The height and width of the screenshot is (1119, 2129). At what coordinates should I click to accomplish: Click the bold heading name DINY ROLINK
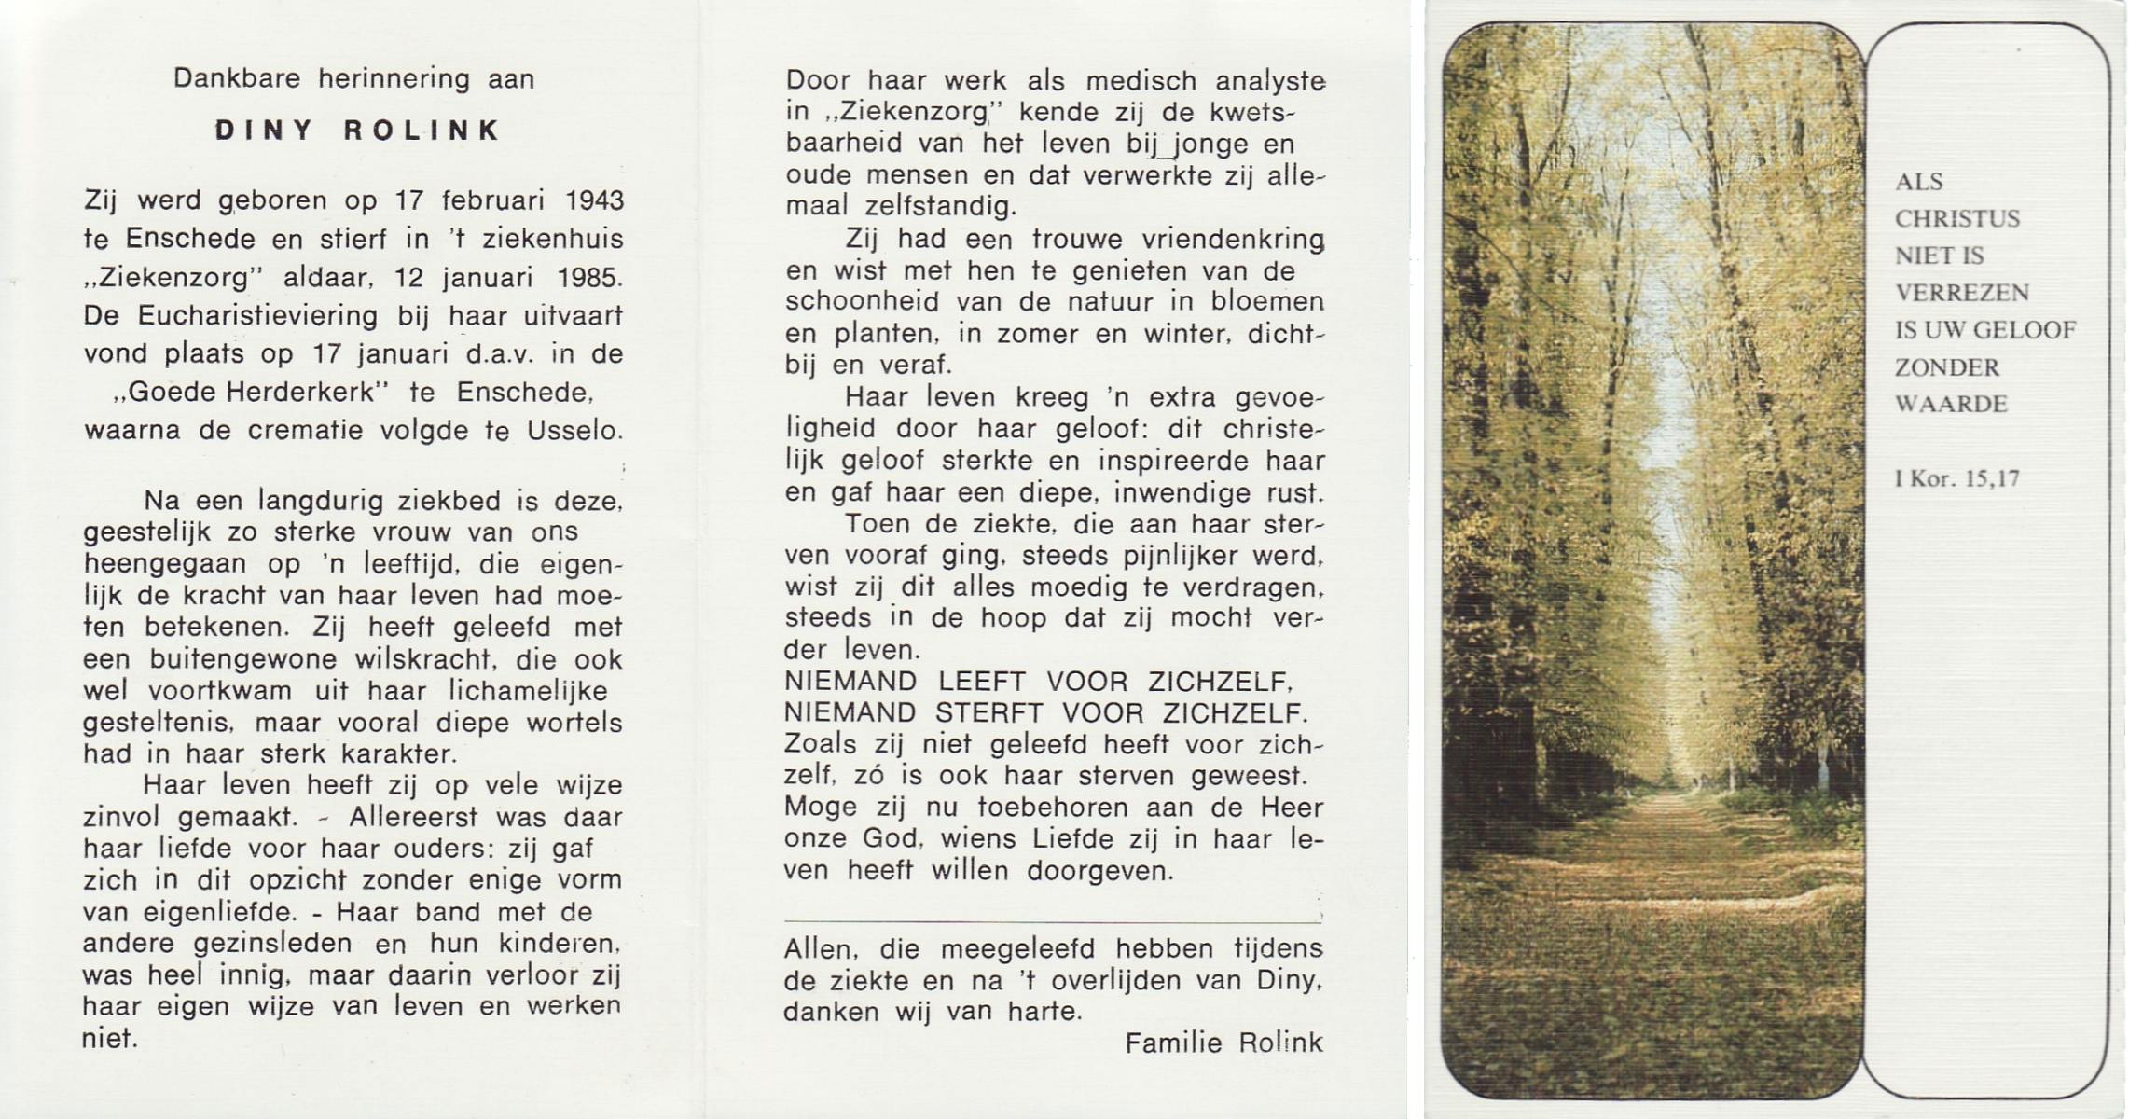pos(358,130)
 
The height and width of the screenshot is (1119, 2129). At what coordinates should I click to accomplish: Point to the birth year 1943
pos(594,200)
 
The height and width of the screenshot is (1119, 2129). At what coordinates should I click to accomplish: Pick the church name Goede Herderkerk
pos(250,393)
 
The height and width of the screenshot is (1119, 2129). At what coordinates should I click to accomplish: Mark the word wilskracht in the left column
pos(424,659)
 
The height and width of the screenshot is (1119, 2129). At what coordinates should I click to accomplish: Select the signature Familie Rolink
pos(1223,1043)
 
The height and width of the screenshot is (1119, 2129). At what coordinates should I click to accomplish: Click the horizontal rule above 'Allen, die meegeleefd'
pos(1052,922)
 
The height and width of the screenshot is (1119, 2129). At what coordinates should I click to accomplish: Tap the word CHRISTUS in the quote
pos(1956,219)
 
